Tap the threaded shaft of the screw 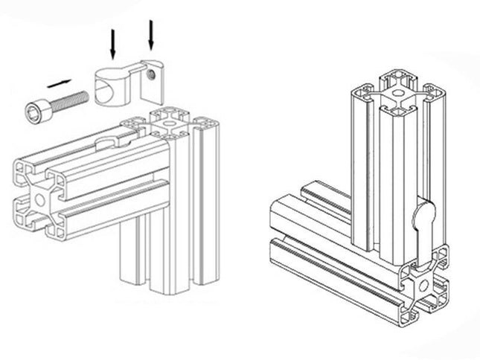coord(71,97)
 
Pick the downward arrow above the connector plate coord(152,36)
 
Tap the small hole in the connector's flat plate coord(153,74)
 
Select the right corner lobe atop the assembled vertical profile coord(435,94)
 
